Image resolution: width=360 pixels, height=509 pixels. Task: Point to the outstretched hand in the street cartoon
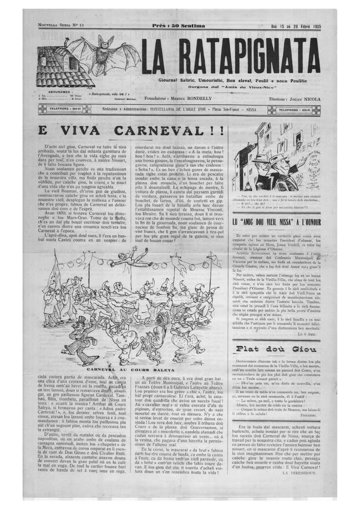click(x=281, y=167)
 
